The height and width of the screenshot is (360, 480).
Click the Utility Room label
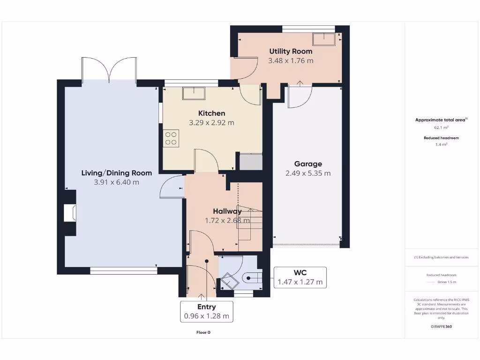(x=291, y=51)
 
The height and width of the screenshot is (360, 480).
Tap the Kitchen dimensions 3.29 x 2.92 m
(x=211, y=123)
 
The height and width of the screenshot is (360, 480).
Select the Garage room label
(x=308, y=164)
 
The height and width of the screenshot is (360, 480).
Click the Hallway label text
(x=227, y=211)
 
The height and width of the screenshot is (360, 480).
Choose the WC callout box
(x=300, y=277)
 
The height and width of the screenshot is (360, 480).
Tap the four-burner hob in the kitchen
(x=171, y=138)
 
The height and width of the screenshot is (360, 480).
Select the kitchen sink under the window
(x=194, y=93)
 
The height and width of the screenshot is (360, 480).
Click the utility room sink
(x=324, y=39)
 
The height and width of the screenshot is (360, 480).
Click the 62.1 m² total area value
(x=441, y=127)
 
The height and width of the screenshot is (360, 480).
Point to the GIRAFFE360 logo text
(x=441, y=327)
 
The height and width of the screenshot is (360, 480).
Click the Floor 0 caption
(x=203, y=332)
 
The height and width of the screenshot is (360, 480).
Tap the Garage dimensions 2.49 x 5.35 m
(x=308, y=173)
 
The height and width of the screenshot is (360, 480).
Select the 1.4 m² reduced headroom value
(x=441, y=145)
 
